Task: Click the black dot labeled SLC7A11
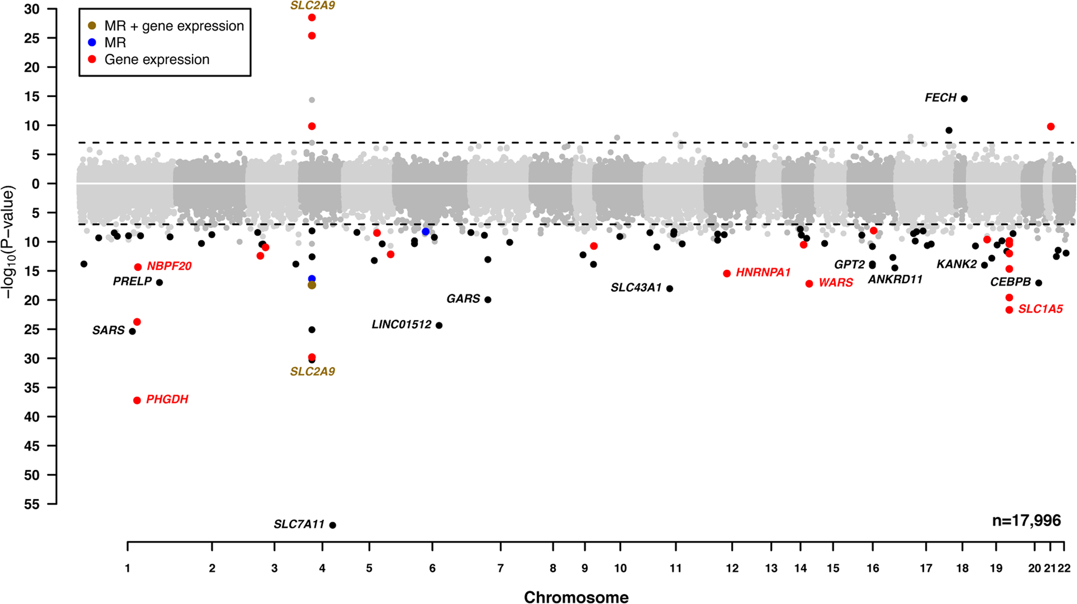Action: (x=332, y=525)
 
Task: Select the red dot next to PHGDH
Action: (x=137, y=401)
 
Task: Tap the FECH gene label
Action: (x=940, y=98)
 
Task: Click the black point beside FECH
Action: (x=964, y=99)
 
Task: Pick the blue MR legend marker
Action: (x=92, y=43)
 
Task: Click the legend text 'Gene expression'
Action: (x=156, y=59)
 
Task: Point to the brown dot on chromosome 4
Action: (x=312, y=285)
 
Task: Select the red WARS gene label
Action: (x=835, y=283)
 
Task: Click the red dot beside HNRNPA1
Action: (x=727, y=274)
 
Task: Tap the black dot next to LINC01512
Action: (x=439, y=325)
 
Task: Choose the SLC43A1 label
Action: (x=636, y=288)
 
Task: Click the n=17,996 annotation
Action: (x=1026, y=520)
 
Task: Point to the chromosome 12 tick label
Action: (x=732, y=568)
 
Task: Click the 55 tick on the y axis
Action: (x=32, y=504)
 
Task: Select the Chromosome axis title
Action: (x=576, y=596)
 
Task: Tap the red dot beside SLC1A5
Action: (x=1010, y=310)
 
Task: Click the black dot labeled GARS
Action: (x=488, y=300)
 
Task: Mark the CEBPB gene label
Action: (x=1010, y=282)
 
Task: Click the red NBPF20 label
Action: (x=169, y=266)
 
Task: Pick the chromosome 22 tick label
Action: (x=1064, y=568)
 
